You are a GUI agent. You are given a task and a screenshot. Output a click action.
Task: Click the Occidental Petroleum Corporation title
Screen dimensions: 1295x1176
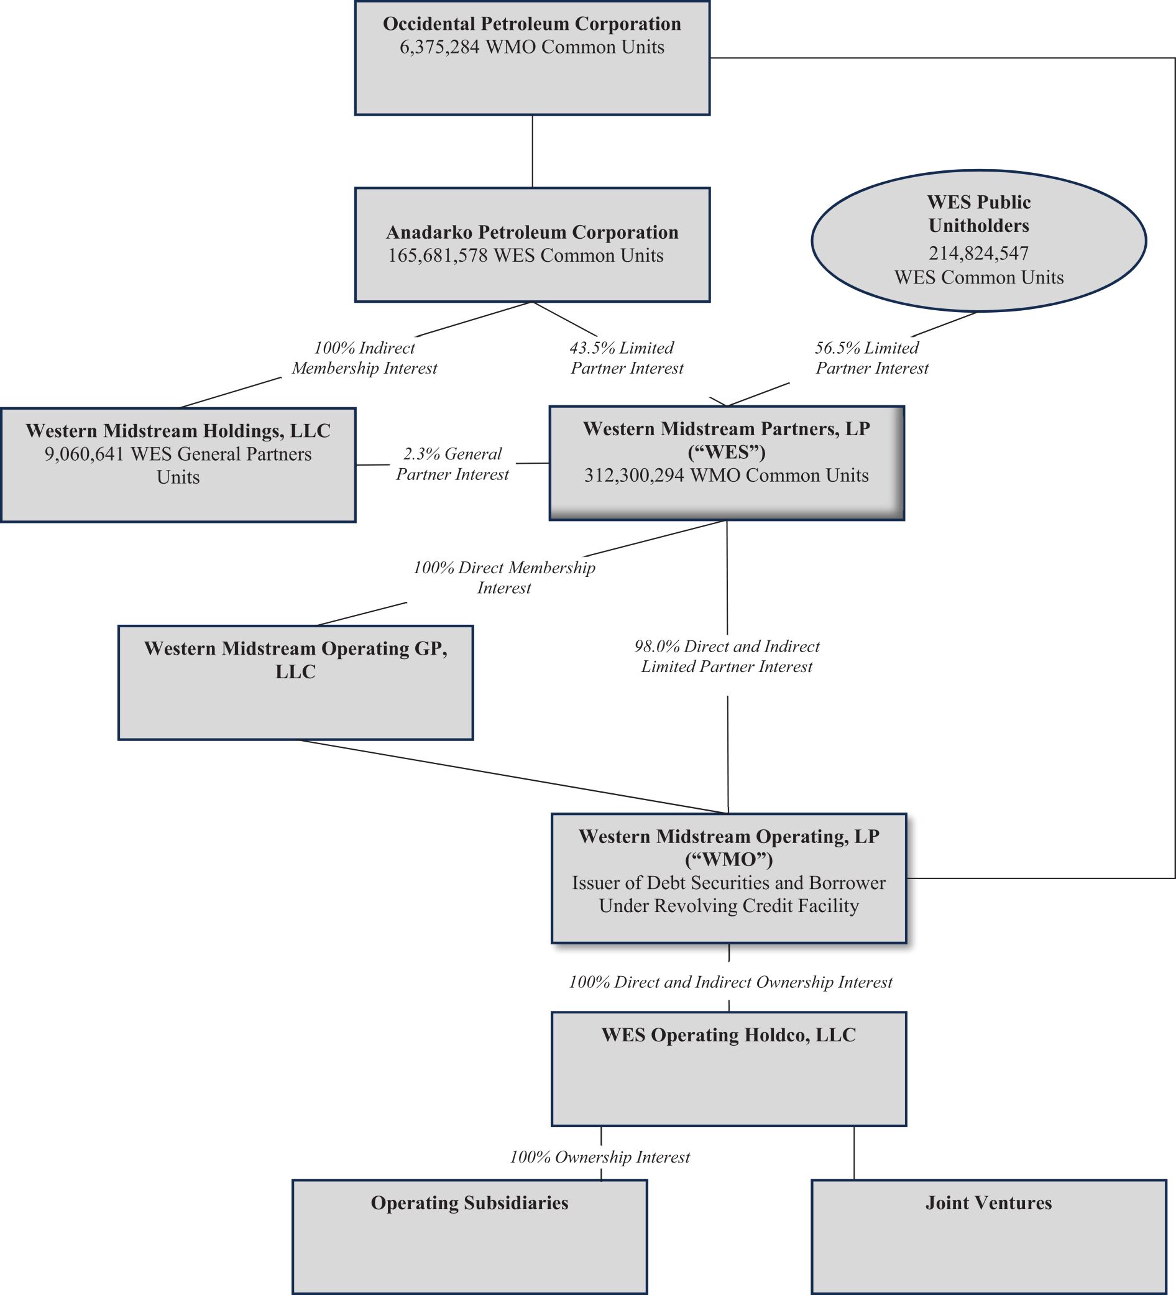click(532, 24)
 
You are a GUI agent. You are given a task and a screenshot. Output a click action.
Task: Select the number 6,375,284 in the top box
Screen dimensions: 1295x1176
click(439, 47)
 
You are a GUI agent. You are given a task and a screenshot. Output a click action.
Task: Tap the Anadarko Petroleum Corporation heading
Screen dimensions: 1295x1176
click(532, 232)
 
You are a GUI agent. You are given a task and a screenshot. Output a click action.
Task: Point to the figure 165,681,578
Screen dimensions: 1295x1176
click(438, 256)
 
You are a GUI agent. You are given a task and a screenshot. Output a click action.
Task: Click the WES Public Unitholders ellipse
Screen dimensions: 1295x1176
click(979, 240)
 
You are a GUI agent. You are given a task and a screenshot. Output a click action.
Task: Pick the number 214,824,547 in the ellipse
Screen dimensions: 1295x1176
click(979, 253)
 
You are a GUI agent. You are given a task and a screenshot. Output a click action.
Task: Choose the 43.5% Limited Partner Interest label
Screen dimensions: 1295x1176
click(626, 358)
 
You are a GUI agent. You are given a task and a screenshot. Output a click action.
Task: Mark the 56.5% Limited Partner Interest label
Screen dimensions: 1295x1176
click(871, 358)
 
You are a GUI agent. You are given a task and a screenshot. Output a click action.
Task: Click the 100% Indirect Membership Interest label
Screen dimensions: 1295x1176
click(364, 358)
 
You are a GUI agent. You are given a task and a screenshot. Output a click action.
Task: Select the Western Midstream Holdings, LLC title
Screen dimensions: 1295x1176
click(178, 430)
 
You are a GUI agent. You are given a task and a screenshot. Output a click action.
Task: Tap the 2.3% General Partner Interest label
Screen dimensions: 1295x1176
click(452, 464)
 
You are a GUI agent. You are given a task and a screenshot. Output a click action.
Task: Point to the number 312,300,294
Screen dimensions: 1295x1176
click(633, 476)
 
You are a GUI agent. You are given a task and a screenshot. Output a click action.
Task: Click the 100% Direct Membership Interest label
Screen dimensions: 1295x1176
click(504, 578)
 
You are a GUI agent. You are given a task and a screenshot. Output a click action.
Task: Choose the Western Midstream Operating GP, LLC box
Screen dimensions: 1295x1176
click(295, 682)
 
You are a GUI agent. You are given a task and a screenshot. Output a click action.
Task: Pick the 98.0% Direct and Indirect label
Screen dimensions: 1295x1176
click(727, 646)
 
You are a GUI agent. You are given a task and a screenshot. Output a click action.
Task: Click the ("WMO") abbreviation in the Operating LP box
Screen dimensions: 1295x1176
click(728, 859)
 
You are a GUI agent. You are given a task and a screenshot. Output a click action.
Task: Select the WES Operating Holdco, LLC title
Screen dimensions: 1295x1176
click(728, 1035)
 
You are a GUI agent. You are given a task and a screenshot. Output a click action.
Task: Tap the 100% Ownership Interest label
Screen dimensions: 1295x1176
click(600, 1157)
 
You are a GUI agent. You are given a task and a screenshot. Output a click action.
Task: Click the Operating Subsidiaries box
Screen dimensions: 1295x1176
click(469, 1236)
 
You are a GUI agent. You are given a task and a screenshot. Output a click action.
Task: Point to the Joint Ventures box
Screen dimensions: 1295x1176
click(988, 1236)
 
